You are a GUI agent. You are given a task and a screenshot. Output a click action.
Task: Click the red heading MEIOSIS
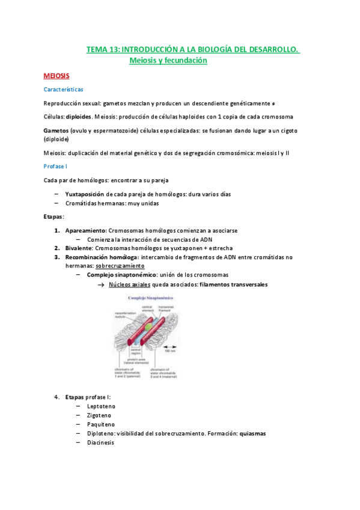56,76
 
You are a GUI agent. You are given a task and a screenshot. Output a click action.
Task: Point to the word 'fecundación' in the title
183,61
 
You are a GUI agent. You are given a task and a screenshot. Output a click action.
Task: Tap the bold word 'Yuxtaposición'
85,194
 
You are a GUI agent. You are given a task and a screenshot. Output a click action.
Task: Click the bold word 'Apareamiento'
85,230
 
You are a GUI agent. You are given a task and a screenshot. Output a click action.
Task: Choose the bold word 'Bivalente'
78,248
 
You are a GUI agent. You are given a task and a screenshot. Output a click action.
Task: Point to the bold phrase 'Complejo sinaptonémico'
121,274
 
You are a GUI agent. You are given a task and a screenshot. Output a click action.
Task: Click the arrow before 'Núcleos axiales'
102,284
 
